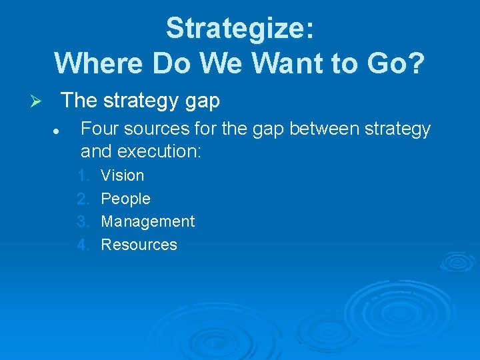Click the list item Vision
(122, 175)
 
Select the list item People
(125, 199)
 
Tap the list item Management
(147, 221)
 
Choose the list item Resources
(139, 245)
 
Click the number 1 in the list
(83, 175)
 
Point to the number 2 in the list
(83, 199)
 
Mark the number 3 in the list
(83, 221)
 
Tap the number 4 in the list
(83, 245)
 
